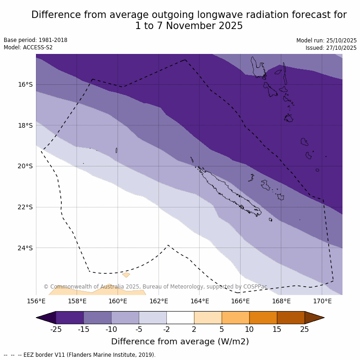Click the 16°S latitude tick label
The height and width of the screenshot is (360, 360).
[25, 84]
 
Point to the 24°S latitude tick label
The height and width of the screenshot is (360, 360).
[25, 248]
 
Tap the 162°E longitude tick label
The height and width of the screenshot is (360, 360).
[159, 301]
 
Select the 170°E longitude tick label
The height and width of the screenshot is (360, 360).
[322, 301]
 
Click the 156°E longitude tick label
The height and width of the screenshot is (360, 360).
[36, 301]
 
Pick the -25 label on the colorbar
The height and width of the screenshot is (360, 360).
[56, 329]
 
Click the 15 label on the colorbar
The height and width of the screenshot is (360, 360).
[277, 329]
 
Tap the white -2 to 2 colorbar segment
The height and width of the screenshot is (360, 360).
[180, 318]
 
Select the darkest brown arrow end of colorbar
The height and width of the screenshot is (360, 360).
[314, 318]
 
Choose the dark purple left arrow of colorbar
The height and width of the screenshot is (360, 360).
[46, 318]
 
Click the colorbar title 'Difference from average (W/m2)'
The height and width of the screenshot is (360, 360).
[180, 342]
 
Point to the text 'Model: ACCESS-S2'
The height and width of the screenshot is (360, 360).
[28, 47]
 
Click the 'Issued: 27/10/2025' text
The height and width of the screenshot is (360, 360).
[331, 48]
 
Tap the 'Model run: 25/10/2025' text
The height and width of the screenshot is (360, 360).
[326, 41]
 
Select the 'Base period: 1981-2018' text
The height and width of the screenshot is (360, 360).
[35, 40]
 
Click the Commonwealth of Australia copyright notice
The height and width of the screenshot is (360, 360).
[155, 287]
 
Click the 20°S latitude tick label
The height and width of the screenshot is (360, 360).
[25, 166]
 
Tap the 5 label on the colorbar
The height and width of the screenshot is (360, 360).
[222, 329]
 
